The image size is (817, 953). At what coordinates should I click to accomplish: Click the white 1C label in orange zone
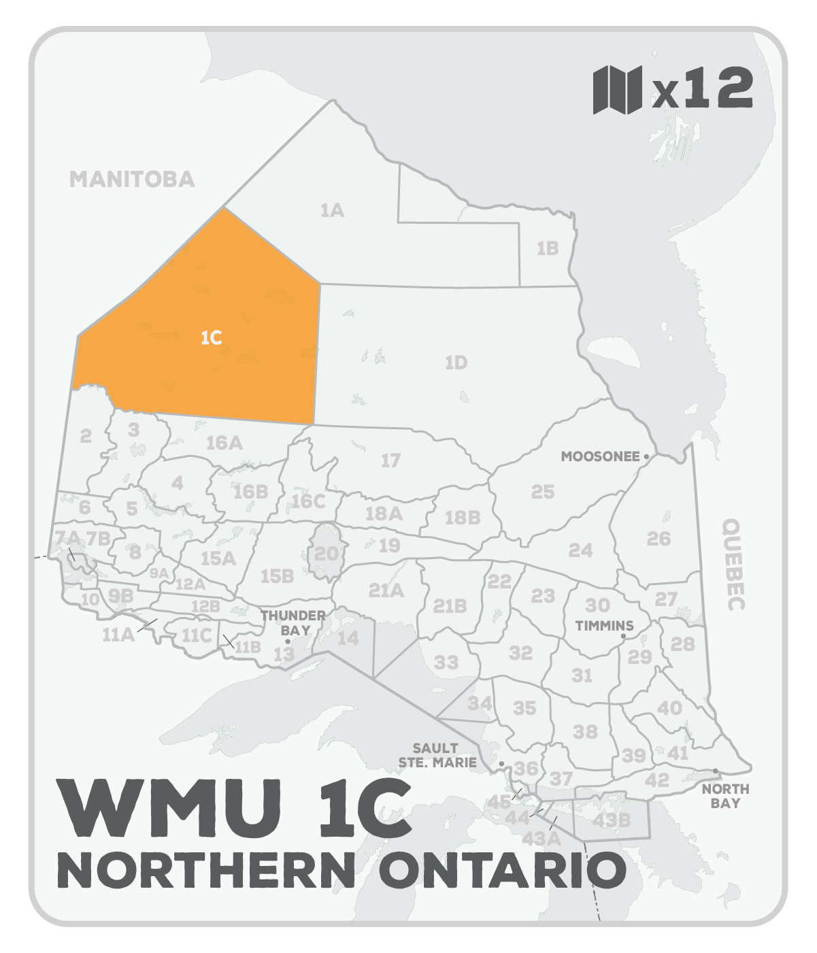(x=212, y=337)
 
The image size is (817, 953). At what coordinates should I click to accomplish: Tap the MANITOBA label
(x=132, y=179)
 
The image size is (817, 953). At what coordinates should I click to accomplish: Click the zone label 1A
(x=332, y=211)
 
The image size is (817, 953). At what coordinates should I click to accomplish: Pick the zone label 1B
(x=547, y=248)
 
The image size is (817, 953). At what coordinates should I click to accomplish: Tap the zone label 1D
(x=456, y=363)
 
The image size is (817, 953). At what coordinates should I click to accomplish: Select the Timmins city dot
(x=623, y=637)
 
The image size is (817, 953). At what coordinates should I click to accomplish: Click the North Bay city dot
(x=716, y=771)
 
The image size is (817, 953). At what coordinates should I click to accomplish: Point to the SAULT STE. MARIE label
(x=438, y=756)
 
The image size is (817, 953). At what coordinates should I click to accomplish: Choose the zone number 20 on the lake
(x=327, y=553)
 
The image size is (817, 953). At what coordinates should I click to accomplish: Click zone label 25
(x=542, y=491)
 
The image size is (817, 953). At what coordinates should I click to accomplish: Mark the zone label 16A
(x=224, y=443)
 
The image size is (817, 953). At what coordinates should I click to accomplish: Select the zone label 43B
(x=611, y=820)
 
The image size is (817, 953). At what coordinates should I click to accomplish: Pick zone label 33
(x=446, y=662)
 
